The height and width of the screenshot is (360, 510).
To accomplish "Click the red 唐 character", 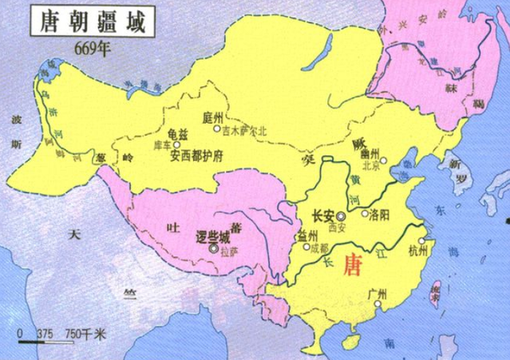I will pyautogui.click(x=352, y=266).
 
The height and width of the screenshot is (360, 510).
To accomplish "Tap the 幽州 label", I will pyautogui.click(x=368, y=153).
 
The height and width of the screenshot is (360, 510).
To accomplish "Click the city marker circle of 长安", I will pyautogui.click(x=341, y=216).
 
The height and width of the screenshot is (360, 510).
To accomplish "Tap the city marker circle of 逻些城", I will pyautogui.click(x=213, y=250).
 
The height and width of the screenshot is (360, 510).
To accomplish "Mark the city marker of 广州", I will pyautogui.click(x=380, y=304).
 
